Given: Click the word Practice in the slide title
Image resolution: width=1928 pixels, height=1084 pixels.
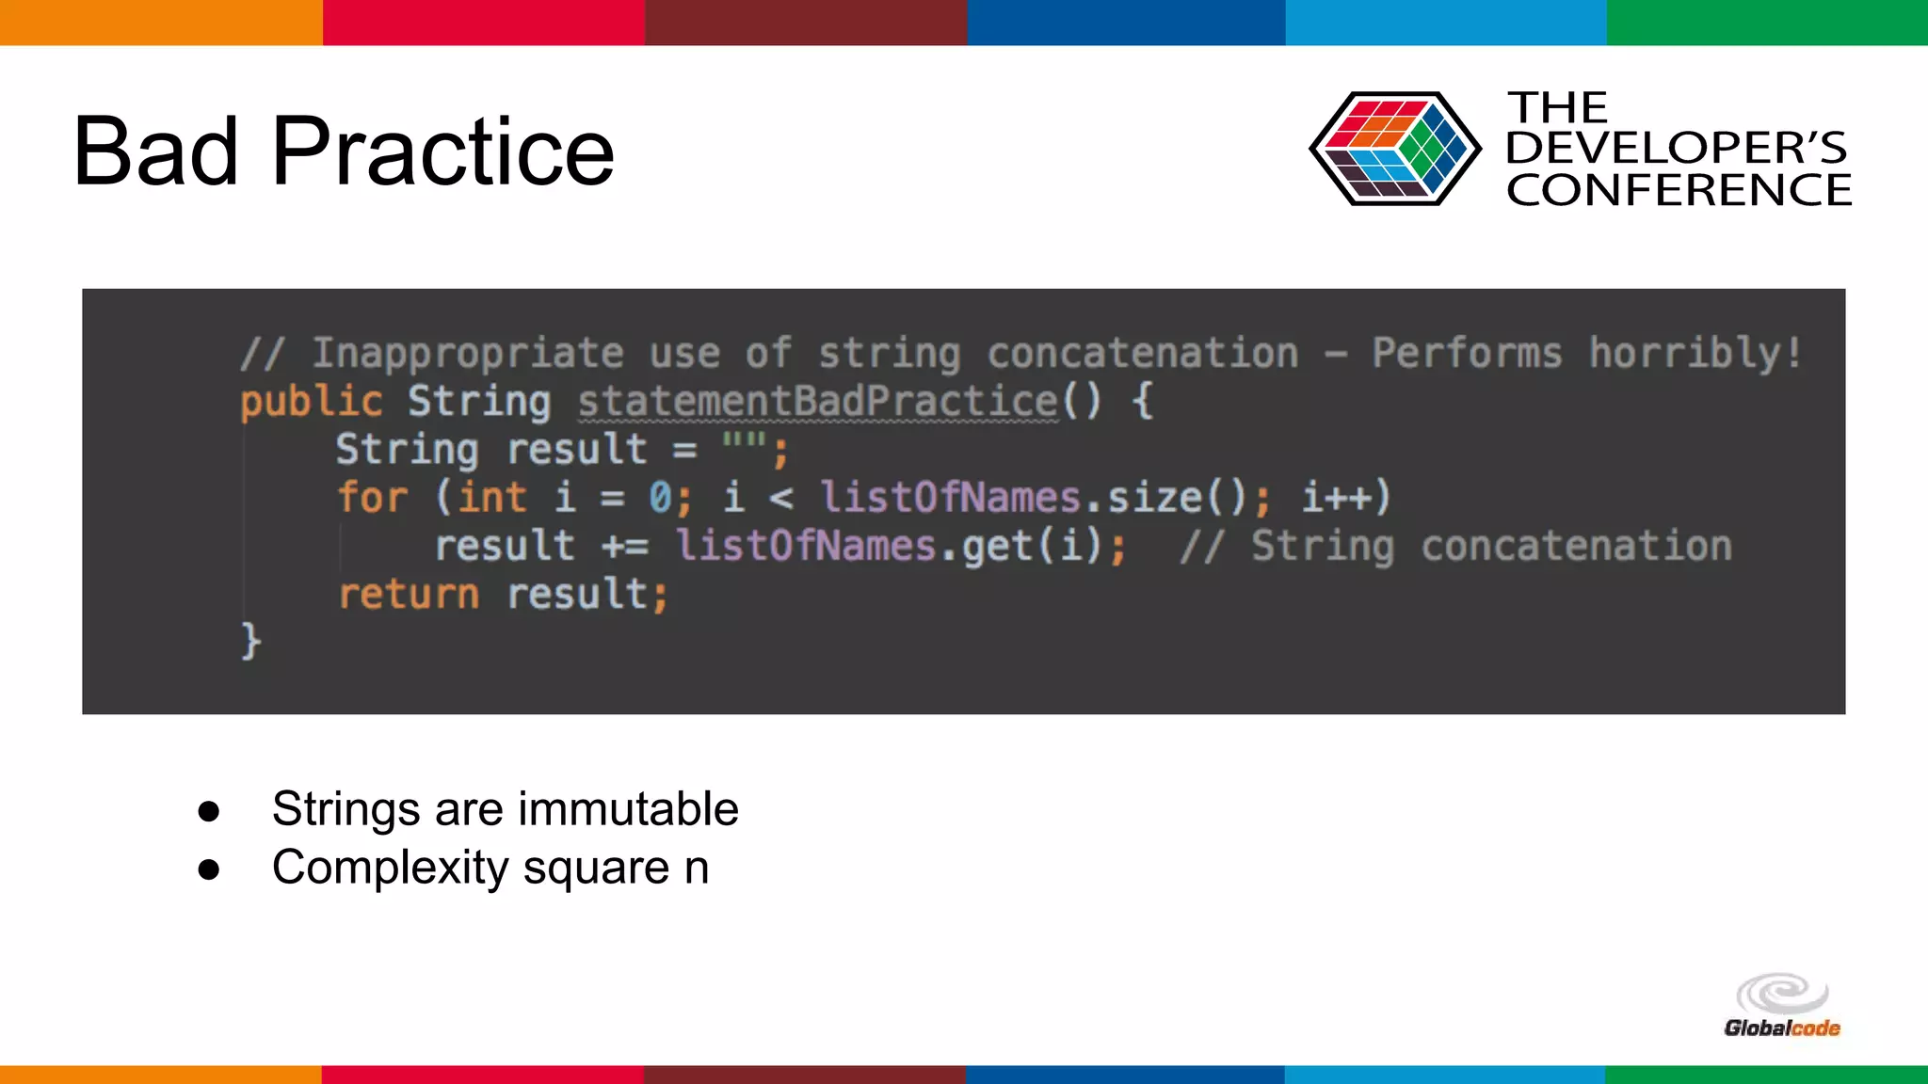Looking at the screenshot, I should coord(442,152).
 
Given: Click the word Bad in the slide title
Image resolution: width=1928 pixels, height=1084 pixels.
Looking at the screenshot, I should coord(155,152).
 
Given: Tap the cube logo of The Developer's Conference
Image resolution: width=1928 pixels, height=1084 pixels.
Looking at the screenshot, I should coord(1394,149).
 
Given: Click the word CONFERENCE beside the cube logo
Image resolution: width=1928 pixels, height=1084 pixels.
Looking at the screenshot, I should coord(1679,191).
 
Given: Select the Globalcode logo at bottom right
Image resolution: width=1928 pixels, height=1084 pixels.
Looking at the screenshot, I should coord(1782,1008).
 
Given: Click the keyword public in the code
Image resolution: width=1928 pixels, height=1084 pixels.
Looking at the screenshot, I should coord(311,402).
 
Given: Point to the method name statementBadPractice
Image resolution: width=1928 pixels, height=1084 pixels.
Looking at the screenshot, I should coord(817,402).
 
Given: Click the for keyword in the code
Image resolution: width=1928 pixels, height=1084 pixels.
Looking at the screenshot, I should coord(373,498).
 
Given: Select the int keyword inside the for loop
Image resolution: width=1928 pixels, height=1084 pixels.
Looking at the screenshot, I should coord(491,498).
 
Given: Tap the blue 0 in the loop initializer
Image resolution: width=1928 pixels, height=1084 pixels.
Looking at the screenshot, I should coord(660,498).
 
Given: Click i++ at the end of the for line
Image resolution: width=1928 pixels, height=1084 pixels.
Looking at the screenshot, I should coord(1344,498).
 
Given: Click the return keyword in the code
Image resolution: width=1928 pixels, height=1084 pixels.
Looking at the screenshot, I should coord(409,595).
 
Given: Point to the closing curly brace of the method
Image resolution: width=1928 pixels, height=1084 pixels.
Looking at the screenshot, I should coord(250,642).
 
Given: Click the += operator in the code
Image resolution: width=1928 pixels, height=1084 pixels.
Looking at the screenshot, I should coord(625,547).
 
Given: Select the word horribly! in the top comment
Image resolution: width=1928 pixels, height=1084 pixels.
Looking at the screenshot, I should coord(1695,354).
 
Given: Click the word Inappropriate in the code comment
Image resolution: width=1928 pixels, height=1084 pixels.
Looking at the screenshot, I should coord(468,354).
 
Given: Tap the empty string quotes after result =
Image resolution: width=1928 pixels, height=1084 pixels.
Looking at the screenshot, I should coord(744,442).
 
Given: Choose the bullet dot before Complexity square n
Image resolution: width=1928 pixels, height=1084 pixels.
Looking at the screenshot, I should coord(209,869).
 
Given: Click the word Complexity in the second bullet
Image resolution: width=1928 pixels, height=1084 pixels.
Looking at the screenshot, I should coord(390,868).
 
